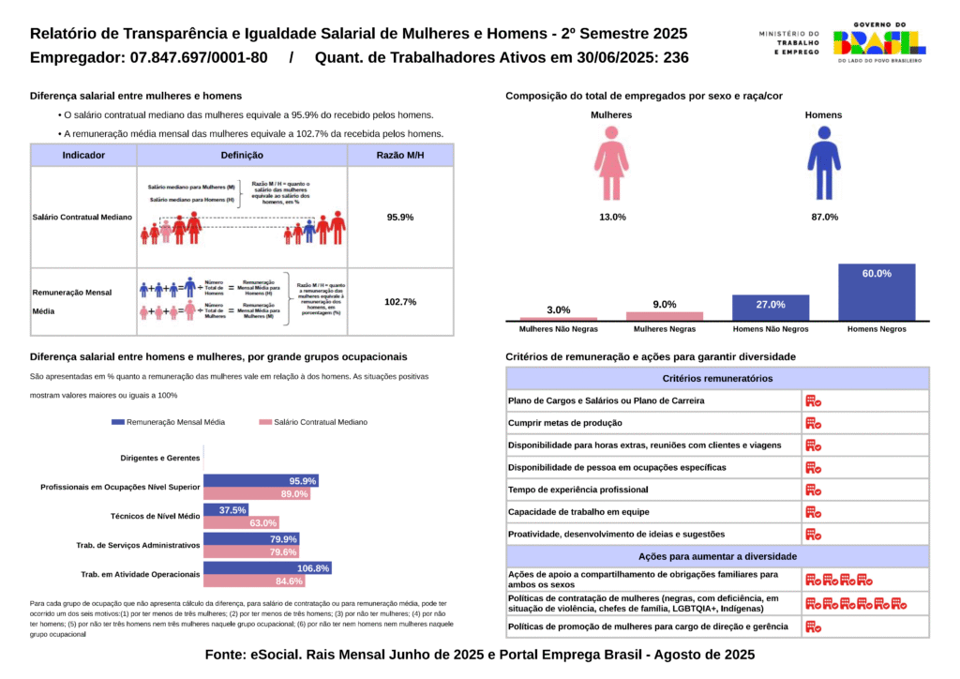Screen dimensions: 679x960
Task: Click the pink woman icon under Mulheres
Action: (x=611, y=165)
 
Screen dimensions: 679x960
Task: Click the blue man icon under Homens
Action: (x=824, y=165)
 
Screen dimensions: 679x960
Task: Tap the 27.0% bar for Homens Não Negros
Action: (x=770, y=308)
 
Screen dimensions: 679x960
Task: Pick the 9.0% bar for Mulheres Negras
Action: (x=665, y=316)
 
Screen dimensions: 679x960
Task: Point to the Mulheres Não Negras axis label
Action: (x=559, y=329)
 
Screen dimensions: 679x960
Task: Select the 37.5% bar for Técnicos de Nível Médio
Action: (x=226, y=510)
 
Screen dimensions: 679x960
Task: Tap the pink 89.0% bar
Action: (x=256, y=494)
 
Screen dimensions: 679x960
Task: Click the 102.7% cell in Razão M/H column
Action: (x=400, y=302)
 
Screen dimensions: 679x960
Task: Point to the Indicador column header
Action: (x=83, y=155)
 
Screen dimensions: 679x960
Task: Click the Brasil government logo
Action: (x=877, y=41)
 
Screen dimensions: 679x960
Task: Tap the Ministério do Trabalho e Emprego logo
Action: (x=788, y=41)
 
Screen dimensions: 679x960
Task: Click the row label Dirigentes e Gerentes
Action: (x=160, y=458)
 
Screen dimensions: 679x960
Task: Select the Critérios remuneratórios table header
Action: (x=717, y=378)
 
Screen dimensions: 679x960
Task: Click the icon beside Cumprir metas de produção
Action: (x=813, y=423)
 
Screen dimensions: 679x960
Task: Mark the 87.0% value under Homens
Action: (x=823, y=217)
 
